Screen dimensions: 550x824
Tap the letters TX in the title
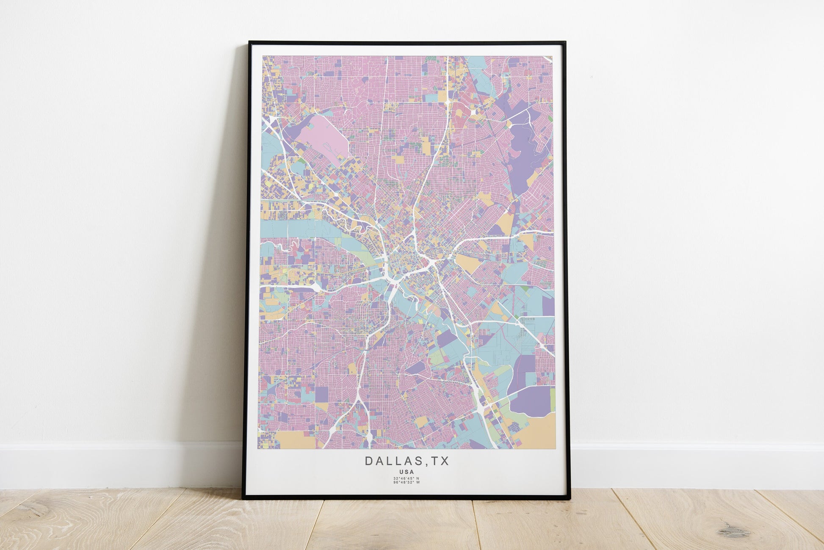click(440, 461)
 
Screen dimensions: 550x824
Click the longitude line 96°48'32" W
click(406, 482)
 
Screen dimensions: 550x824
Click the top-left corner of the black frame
click(250, 42)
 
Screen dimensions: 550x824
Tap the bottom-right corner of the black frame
click(570, 498)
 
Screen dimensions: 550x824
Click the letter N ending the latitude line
click(418, 478)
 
